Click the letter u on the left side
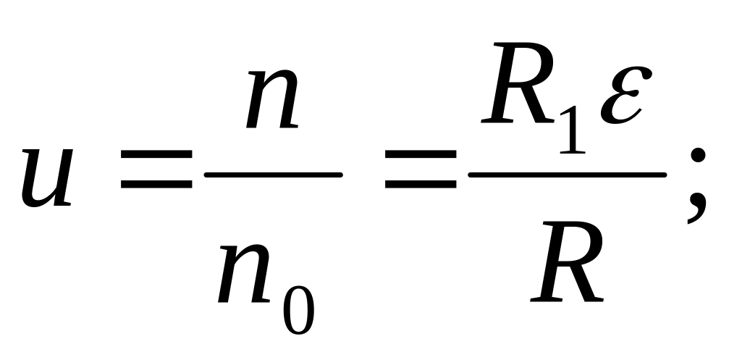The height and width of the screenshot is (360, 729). (x=48, y=177)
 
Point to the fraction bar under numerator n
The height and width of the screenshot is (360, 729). (x=273, y=175)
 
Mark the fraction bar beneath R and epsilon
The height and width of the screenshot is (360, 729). (x=568, y=175)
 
